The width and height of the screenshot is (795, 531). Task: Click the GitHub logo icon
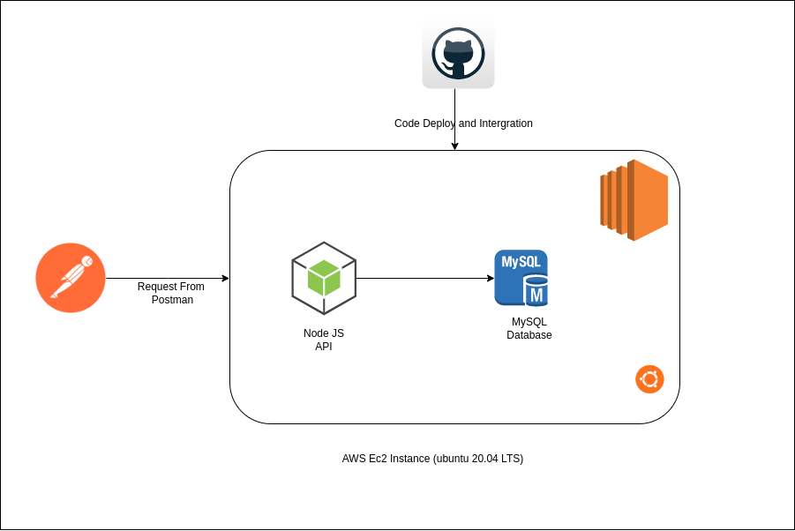[458, 56]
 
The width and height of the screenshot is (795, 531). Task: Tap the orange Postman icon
[71, 278]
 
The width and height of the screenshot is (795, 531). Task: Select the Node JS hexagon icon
[324, 278]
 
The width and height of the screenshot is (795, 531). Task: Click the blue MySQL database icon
[521, 278]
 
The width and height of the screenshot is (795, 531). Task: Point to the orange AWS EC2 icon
[634, 200]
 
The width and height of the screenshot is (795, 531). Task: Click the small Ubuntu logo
[649, 379]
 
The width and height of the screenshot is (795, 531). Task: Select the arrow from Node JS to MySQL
[424, 279]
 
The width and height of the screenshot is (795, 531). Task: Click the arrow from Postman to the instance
[167, 279]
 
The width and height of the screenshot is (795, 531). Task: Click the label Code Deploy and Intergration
[463, 123]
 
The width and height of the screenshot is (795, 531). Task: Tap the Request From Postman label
[171, 293]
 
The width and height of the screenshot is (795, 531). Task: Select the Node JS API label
[324, 340]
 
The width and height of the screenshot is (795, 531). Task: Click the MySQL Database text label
[529, 328]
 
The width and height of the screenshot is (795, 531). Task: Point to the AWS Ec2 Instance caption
[432, 459]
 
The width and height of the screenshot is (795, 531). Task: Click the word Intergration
[506, 123]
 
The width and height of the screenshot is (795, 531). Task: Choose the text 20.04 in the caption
[485, 459]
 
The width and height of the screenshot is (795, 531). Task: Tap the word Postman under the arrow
[171, 300]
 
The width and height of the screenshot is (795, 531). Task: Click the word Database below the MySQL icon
[529, 335]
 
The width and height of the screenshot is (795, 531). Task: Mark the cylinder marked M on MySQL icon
[536, 290]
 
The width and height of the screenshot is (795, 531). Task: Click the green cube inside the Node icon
[324, 278]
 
